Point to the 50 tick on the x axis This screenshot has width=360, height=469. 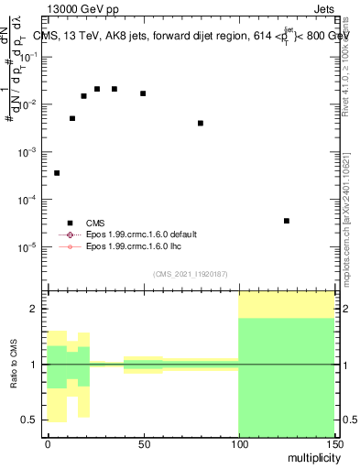pos(143,444)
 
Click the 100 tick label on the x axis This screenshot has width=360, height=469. pos(238,444)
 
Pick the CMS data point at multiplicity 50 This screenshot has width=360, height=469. pos(143,93)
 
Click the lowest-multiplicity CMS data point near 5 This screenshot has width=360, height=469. pos(57,173)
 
